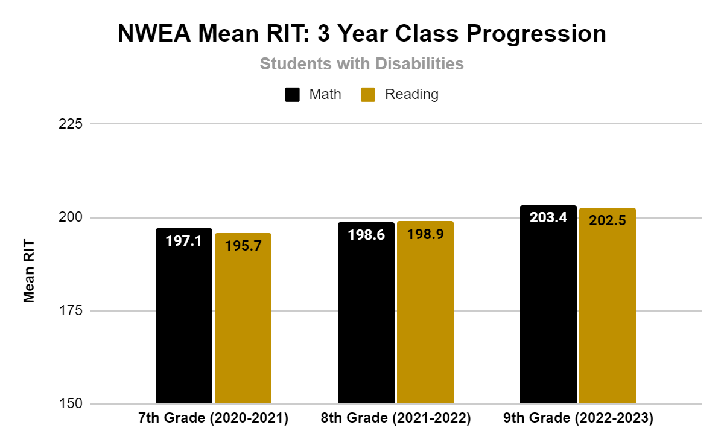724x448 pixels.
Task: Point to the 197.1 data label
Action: tap(184, 242)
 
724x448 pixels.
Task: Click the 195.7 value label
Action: tap(243, 246)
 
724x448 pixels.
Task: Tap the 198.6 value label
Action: tap(366, 235)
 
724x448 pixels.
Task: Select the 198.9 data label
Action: tap(425, 234)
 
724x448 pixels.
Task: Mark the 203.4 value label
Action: tap(548, 217)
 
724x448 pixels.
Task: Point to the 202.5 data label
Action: tap(608, 220)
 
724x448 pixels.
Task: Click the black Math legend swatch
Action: tap(293, 95)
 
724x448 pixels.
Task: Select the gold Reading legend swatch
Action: tap(368, 95)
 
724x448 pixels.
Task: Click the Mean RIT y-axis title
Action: tap(29, 272)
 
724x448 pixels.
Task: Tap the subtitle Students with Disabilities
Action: tap(362, 63)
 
